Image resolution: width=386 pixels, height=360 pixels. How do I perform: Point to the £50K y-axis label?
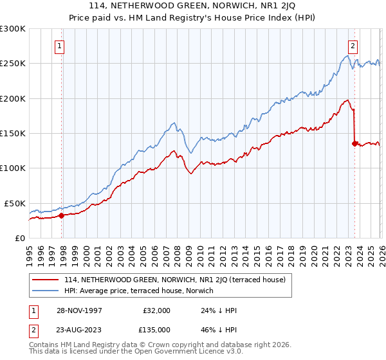[14, 203]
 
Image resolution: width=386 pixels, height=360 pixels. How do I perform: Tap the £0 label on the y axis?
[20, 238]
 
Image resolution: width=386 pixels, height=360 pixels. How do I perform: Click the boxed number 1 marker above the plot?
[59, 46]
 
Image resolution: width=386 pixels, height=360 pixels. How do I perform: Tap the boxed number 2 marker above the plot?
[353, 46]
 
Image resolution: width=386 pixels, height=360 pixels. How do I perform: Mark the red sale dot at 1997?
[62, 216]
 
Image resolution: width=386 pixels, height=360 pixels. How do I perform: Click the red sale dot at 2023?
[354, 143]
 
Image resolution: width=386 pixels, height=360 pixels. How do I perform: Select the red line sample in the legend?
[46, 279]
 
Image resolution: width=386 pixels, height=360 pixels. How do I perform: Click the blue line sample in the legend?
[46, 291]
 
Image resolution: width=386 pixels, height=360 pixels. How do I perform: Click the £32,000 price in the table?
[156, 310]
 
